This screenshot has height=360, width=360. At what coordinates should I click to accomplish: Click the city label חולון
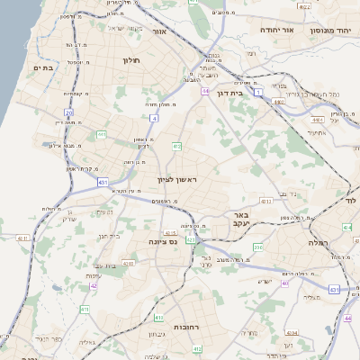click(131, 60)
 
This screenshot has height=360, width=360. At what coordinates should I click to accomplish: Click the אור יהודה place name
click(276, 30)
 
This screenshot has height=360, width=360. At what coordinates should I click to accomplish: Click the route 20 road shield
click(68, 112)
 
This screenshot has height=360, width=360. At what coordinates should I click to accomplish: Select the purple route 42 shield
click(94, 285)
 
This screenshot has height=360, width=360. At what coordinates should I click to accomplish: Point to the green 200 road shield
click(258, 247)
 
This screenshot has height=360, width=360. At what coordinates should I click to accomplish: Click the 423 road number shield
click(191, 240)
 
